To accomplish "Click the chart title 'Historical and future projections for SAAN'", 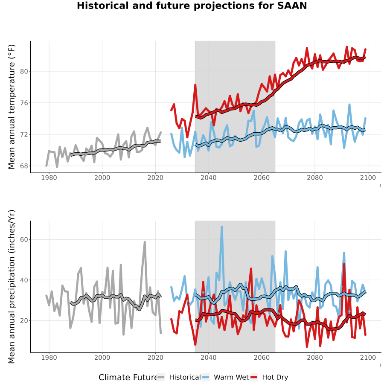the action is pyautogui.click(x=192, y=6).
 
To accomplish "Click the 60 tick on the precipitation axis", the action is pyautogui.click(x=24, y=239).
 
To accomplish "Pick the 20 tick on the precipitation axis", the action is pyautogui.click(x=24, y=320).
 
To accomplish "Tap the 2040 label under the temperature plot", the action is pyautogui.click(x=208, y=177).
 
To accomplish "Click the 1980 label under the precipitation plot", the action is pyautogui.click(x=49, y=358).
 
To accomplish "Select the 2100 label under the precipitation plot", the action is pyautogui.click(x=368, y=358).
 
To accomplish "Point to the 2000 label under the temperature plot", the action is pyautogui.click(x=102, y=177).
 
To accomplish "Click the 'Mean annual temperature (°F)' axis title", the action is pyautogui.click(x=12, y=107).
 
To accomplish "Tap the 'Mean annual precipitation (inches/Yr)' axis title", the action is pyautogui.click(x=12, y=287).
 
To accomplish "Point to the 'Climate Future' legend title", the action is pyautogui.click(x=128, y=378).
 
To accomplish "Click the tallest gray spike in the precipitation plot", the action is pyautogui.click(x=145, y=242).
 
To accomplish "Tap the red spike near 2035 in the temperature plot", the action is pyautogui.click(x=195, y=85).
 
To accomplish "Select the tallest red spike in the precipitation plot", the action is pyautogui.click(x=344, y=265).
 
